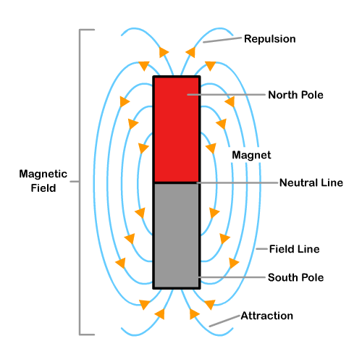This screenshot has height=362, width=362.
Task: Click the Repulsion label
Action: [270, 39]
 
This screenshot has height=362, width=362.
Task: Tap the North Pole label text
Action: [295, 95]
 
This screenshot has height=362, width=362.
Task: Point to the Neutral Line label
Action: [311, 182]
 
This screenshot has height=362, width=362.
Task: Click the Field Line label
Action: [294, 249]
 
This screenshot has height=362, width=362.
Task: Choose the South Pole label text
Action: [295, 277]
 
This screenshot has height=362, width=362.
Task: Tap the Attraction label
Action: [266, 316]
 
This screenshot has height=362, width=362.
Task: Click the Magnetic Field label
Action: [43, 181]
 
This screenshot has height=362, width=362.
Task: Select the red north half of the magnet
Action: [175, 129]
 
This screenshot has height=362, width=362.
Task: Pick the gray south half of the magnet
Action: [175, 235]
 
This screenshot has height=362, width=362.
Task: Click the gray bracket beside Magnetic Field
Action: [80, 181]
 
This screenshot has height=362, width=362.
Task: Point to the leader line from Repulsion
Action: [222, 41]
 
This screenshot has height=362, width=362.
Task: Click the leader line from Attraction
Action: [224, 321]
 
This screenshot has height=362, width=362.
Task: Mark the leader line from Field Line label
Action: [262, 250]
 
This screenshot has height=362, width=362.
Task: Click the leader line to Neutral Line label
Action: [235, 182]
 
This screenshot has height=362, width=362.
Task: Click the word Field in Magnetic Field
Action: [43, 188]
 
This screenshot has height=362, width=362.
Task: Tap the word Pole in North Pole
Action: [310, 95]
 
